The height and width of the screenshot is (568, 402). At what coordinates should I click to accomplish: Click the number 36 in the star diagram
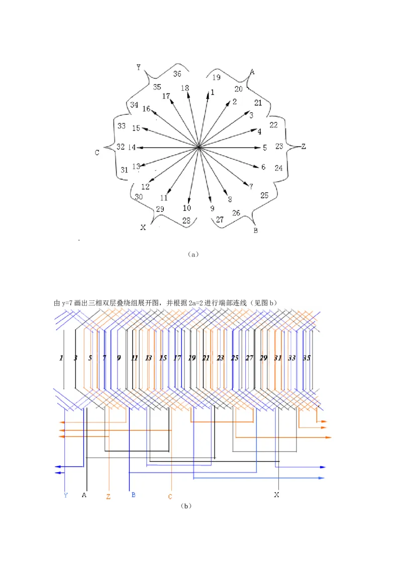177,74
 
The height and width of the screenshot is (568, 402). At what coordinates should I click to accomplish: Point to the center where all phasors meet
199,147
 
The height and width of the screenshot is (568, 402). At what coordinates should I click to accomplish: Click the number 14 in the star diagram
132,148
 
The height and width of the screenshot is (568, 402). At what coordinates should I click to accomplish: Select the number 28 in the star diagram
187,221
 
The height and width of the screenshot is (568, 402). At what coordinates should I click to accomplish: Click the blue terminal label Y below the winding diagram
66,495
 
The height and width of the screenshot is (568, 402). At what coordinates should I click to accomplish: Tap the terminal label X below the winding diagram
276,495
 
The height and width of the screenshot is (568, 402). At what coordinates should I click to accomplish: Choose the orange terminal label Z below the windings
108,497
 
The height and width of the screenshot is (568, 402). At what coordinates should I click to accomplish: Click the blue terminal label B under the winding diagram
133,495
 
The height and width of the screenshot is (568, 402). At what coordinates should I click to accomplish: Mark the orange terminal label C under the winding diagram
170,497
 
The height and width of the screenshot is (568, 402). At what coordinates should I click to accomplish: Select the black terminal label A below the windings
84,495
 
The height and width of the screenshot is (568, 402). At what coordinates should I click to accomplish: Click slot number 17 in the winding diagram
177,358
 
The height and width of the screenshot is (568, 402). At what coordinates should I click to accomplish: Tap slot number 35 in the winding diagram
307,358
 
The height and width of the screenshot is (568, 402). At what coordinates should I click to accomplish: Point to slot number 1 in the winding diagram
61,358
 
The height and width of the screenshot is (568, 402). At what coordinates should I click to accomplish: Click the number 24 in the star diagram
278,168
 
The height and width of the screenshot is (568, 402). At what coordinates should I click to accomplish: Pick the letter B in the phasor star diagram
256,231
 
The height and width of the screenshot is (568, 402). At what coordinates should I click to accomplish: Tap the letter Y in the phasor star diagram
138,67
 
